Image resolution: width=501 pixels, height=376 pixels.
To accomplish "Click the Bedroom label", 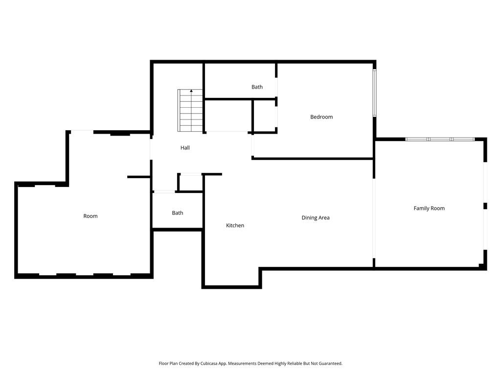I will point(321,117).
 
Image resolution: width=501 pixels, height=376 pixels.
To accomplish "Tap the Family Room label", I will point(429,209).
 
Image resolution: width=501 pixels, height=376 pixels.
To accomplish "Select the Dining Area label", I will point(316,218).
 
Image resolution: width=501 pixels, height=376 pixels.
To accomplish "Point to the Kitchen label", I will point(235,226).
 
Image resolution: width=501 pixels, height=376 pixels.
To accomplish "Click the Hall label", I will point(185,148).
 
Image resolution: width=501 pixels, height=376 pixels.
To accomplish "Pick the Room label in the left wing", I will point(91,216).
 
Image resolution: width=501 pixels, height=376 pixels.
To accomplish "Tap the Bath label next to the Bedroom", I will point(257,87).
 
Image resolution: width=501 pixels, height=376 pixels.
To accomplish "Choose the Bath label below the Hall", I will point(178,213).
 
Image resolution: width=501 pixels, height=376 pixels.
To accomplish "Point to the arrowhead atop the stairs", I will point(191,91).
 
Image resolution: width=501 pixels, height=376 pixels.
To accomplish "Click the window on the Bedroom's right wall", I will point(374,93).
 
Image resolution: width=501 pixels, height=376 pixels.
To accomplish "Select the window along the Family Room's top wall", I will point(439,140).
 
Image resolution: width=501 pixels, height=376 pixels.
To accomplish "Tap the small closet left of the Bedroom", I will point(265,116).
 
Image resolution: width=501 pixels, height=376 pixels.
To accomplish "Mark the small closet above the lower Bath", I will point(190,183).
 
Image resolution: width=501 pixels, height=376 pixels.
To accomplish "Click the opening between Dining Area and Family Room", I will point(374,218).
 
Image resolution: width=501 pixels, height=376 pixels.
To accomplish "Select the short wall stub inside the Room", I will point(138,177).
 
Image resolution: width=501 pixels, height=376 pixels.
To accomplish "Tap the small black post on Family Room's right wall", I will point(485,206).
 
